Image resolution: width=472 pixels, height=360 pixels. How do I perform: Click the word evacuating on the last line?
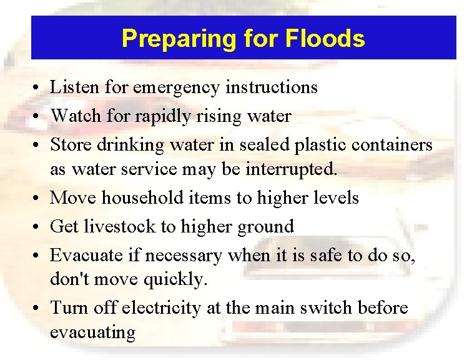click(92, 332)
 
